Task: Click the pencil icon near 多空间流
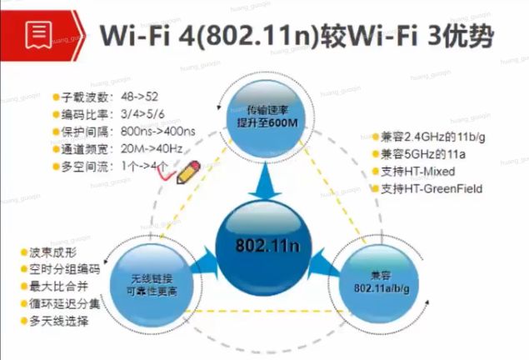[189, 172]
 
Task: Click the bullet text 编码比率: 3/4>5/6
[102, 114]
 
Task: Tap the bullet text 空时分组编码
[64, 268]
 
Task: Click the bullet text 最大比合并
[57, 286]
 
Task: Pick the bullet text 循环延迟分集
[64, 303]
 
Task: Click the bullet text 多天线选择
[57, 321]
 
